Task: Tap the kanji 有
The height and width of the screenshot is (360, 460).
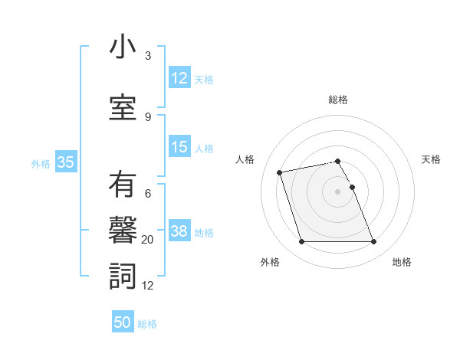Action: [122, 187]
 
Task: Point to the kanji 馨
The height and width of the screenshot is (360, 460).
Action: [122, 232]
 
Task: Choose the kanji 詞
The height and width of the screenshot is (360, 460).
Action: [122, 277]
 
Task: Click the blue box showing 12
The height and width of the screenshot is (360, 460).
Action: [179, 77]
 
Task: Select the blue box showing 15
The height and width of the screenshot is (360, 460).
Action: [179, 147]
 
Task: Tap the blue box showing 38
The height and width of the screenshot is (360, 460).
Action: [179, 231]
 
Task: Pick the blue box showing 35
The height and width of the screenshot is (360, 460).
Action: [65, 162]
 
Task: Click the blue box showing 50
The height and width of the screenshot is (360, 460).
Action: [123, 322]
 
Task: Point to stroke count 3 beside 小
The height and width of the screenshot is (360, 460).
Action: [148, 56]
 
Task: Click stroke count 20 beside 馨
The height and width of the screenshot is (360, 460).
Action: [148, 240]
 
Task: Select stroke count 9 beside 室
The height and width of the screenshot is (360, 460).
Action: [148, 116]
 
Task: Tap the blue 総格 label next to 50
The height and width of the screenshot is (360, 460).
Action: [147, 324]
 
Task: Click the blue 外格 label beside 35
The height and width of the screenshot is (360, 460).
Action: [41, 163]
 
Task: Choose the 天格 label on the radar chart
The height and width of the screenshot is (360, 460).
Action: [431, 159]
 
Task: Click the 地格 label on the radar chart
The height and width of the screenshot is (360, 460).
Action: [402, 262]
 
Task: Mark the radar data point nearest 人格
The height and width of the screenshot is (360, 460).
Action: [280, 172]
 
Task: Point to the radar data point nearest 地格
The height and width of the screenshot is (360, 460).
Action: [373, 242]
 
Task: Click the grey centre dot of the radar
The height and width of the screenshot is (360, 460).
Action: [337, 191]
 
